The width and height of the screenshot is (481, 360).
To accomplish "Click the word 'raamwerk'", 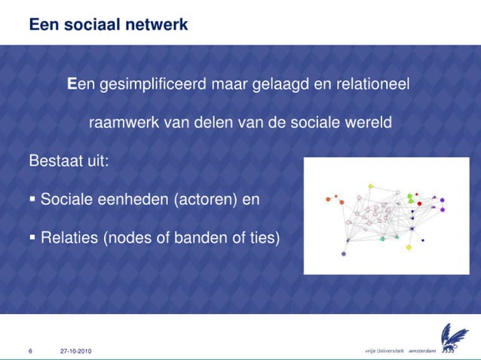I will point(123,123).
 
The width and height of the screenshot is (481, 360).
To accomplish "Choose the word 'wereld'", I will point(367,123).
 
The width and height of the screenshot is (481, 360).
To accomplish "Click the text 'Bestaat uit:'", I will point(69,162).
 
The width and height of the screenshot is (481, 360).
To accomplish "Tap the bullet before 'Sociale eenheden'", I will point(32,199).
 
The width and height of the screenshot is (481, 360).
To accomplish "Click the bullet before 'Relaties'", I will point(32,238).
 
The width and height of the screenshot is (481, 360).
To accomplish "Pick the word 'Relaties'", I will point(69,239).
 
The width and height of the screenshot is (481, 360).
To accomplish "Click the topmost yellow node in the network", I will point(370,186).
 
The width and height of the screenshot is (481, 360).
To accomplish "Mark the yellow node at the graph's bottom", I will point(408,247).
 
